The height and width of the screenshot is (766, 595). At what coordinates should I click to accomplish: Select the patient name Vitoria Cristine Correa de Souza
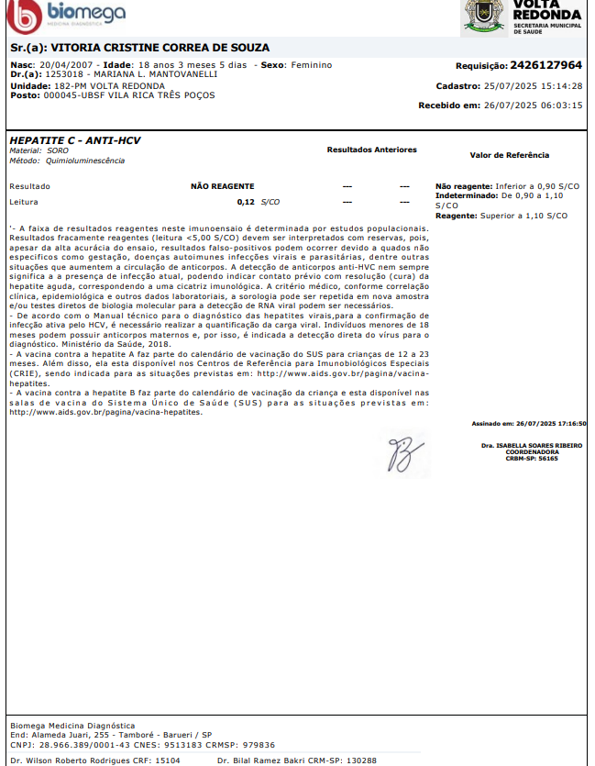pyautogui.click(x=160, y=47)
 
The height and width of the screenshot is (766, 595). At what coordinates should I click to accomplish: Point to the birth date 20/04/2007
pyautogui.click(x=67, y=65)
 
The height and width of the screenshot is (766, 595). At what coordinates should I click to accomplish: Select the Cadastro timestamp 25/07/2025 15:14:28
pyautogui.click(x=533, y=85)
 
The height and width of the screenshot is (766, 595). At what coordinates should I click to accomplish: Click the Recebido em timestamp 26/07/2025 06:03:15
pyautogui.click(x=533, y=105)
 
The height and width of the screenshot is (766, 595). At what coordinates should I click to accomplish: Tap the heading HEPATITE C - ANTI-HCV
pyautogui.click(x=74, y=140)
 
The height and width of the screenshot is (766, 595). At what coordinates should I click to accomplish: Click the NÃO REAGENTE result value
pyautogui.click(x=222, y=186)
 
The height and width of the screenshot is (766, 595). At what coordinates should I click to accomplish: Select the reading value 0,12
pyautogui.click(x=245, y=201)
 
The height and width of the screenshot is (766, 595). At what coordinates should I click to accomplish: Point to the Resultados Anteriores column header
pyautogui.click(x=371, y=150)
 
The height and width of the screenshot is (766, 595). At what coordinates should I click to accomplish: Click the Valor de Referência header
pyautogui.click(x=509, y=156)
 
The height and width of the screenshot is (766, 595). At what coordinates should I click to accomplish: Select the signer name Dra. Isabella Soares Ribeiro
pyautogui.click(x=532, y=445)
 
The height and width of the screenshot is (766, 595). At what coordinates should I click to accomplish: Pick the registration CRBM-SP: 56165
pyautogui.click(x=532, y=458)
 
